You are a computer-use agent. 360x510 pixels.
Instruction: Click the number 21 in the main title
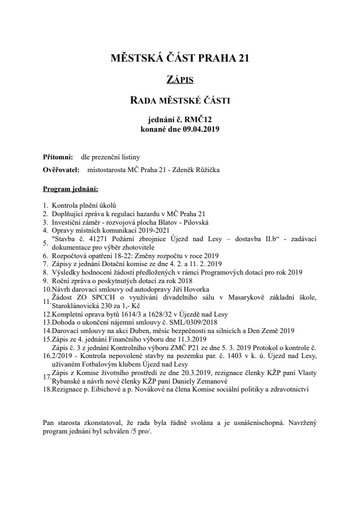click(x=241, y=58)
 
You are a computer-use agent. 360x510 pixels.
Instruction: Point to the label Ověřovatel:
click(x=61, y=170)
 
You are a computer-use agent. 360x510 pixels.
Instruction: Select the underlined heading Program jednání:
click(x=70, y=189)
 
